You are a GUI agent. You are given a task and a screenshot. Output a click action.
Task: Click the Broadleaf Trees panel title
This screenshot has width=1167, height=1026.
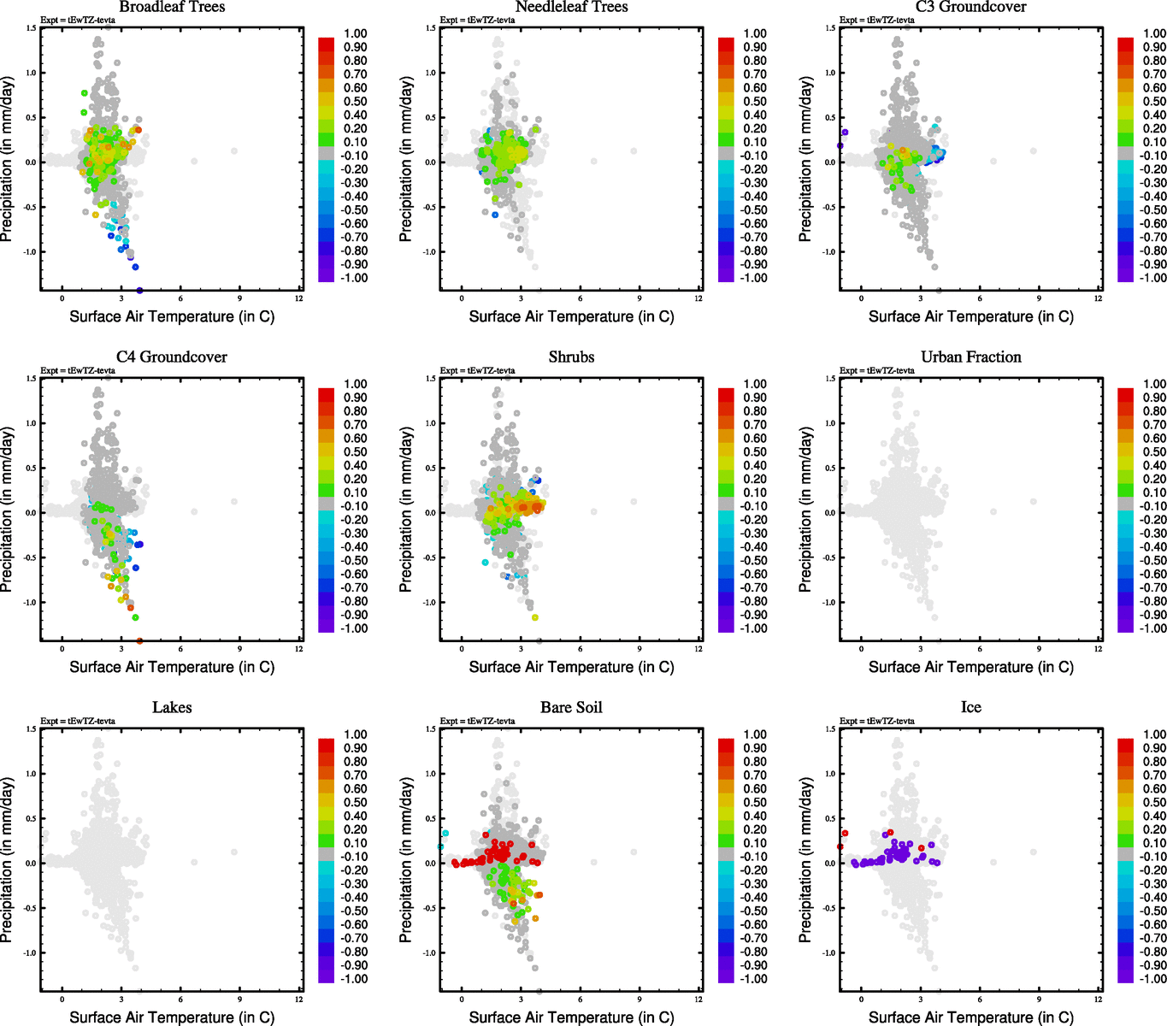click(x=172, y=7)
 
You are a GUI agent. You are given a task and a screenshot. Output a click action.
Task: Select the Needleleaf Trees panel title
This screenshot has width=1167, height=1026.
click(x=571, y=7)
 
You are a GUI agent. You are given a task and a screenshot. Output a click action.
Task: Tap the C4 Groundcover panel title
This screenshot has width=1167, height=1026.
click(x=172, y=357)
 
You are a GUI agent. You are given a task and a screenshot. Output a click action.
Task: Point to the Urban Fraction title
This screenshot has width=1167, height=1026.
click(x=970, y=357)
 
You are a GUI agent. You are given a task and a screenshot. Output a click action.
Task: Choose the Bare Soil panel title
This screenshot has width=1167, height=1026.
click(x=571, y=708)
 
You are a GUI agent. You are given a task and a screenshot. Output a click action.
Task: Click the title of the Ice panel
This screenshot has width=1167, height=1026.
click(x=970, y=708)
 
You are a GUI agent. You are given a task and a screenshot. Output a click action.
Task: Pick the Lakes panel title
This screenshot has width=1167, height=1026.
click(x=172, y=708)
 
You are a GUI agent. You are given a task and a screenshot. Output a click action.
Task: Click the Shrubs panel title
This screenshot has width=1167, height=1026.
click(x=571, y=357)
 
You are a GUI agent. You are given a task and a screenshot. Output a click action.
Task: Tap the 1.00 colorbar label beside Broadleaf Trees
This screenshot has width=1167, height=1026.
click(x=356, y=33)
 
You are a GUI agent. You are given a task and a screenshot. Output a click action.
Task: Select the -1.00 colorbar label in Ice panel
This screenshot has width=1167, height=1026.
click(x=1153, y=979)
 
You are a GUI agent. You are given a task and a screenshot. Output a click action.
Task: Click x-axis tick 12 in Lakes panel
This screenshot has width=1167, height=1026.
click(x=298, y=999)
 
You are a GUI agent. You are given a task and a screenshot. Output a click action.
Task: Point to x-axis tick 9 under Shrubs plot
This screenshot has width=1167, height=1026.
click(x=639, y=648)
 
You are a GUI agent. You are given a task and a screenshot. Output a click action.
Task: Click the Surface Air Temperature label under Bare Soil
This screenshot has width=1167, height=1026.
click(x=571, y=1017)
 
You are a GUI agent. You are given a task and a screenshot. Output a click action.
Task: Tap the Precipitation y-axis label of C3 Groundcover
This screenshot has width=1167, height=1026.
click(x=805, y=159)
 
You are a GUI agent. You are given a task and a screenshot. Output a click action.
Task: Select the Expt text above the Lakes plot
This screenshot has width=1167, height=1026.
click(x=78, y=721)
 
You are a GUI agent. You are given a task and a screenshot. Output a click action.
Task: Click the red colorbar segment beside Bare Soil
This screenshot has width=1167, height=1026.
click(x=726, y=746)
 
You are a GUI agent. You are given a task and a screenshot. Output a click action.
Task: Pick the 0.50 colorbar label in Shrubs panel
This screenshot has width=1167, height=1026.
click(x=755, y=452)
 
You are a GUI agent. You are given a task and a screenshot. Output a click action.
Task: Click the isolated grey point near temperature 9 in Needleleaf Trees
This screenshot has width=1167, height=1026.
click(x=634, y=150)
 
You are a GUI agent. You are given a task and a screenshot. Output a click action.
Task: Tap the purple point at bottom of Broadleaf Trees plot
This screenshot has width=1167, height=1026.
click(x=139, y=291)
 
